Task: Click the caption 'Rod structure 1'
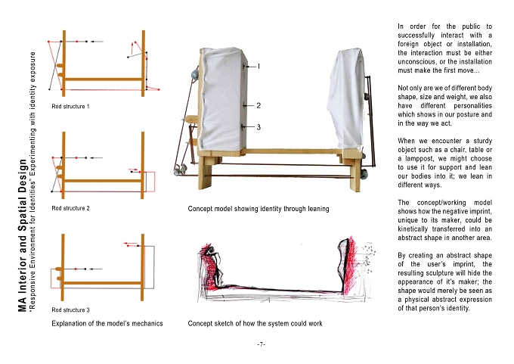pos(70,107)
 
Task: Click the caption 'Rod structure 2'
pos(70,208)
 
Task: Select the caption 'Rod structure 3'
pos(70,310)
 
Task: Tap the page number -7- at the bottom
pos(262,344)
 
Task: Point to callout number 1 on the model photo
pos(259,67)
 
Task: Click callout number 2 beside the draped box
pos(259,105)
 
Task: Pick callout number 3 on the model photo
pos(259,127)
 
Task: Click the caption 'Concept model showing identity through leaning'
pos(259,209)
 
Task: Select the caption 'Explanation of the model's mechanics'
pos(107,324)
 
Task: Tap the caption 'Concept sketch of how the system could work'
pos(255,324)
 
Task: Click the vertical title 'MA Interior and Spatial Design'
pos(22,235)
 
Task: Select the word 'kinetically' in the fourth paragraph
pos(413,229)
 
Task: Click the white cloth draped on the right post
pos(346,98)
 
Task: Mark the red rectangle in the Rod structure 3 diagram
pos(57,278)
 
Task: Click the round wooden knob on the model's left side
pos(191,120)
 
